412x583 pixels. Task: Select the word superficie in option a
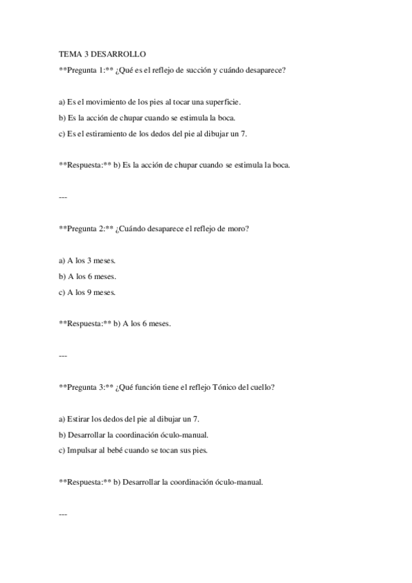click(x=221, y=101)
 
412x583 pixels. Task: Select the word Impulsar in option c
click(x=83, y=450)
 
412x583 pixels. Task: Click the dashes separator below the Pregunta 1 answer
click(x=63, y=197)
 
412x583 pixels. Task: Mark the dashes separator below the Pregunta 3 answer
click(x=63, y=514)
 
